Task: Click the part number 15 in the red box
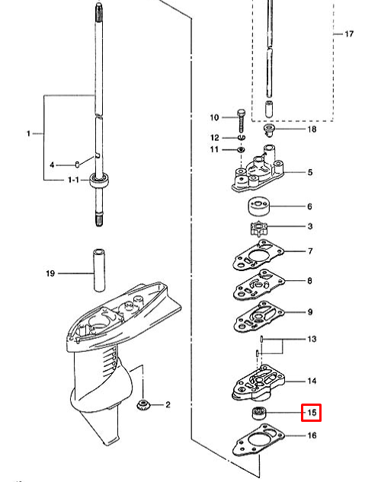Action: pyautogui.click(x=311, y=413)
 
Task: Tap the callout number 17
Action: pyautogui.click(x=349, y=35)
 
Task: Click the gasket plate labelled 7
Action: pyautogui.click(x=254, y=255)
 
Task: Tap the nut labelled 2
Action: pyautogui.click(x=142, y=404)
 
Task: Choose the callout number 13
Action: pyautogui.click(x=311, y=338)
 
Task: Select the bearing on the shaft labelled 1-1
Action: pyautogui.click(x=98, y=180)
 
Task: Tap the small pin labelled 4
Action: pyautogui.click(x=78, y=164)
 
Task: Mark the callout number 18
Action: pyautogui.click(x=311, y=129)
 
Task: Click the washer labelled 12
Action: pyautogui.click(x=242, y=138)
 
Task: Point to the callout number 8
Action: pyautogui.click(x=310, y=281)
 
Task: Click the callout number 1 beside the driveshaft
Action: pyautogui.click(x=29, y=134)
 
